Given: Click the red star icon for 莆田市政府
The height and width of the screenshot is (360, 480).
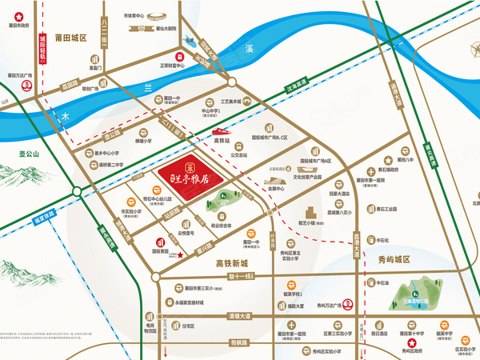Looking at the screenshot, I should pos(15,11).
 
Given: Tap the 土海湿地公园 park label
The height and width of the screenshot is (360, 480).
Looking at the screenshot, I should pos(409,304).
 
